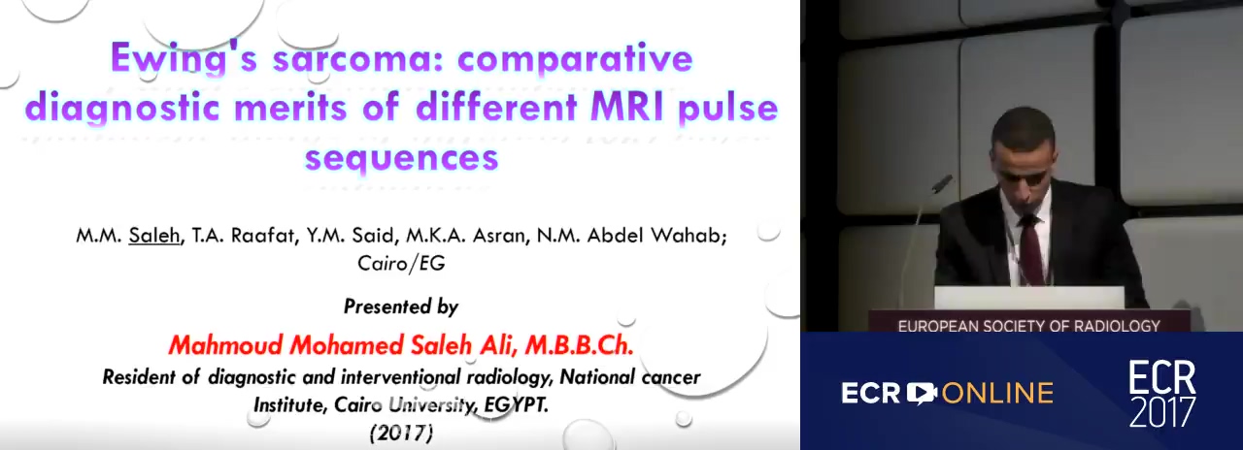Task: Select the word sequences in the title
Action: point(401,157)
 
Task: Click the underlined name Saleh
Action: point(154,236)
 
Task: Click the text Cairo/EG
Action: point(401,263)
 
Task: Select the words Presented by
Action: point(401,306)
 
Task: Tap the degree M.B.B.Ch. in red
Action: point(579,345)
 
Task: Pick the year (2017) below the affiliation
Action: point(401,433)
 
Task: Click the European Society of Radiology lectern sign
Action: point(1028,325)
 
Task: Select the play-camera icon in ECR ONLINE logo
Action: point(922,393)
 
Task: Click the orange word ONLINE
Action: point(997,394)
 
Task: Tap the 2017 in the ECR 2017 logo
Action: point(1162,412)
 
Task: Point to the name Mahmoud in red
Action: point(225,345)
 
